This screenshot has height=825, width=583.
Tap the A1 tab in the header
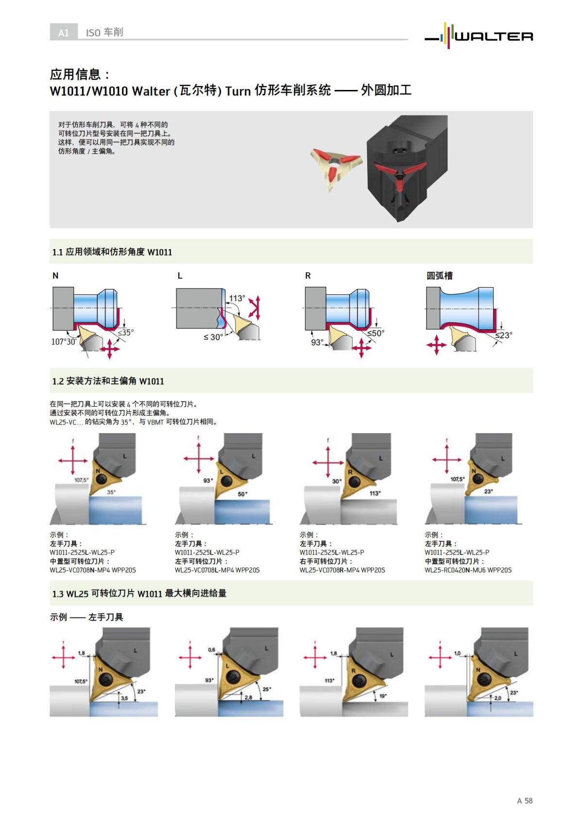click(63, 33)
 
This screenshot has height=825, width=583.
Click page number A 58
click(525, 800)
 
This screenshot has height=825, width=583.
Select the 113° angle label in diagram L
click(237, 298)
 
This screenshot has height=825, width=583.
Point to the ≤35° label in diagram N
click(125, 333)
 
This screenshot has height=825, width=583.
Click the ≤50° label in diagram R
click(375, 333)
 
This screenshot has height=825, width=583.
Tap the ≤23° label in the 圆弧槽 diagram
click(504, 335)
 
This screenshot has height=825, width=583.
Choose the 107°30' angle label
click(64, 342)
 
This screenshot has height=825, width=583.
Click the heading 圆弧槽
click(439, 276)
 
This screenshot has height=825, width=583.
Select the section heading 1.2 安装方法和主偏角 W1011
click(108, 381)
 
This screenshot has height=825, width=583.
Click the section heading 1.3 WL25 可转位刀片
click(139, 594)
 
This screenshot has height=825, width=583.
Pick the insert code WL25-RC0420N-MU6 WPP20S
click(468, 570)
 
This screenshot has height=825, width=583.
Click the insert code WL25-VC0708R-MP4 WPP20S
click(342, 570)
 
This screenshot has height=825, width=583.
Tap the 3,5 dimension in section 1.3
click(124, 698)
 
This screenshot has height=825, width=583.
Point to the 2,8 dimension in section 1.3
click(248, 698)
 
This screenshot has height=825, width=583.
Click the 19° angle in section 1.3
click(383, 696)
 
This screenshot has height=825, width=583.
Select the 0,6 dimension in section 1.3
click(211, 649)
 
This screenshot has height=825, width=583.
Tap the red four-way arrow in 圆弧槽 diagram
click(436, 345)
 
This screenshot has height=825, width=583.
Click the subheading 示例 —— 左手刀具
click(86, 617)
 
